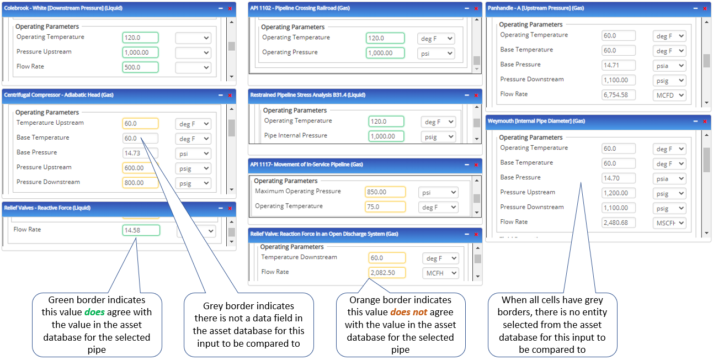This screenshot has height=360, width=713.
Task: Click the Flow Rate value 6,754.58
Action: coord(619,95)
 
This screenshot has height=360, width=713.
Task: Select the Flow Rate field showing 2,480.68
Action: coord(619,223)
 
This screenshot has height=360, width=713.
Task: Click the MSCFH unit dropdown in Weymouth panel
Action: coord(669,223)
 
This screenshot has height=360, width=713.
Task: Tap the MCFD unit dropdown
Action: coord(669,95)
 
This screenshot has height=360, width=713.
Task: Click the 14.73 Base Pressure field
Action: coord(140,153)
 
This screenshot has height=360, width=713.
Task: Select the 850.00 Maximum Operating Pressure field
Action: coord(385,192)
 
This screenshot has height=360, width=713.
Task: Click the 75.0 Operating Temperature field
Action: coord(385,207)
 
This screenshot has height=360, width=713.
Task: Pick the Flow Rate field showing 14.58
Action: coord(141,230)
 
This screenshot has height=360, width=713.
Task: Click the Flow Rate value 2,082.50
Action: coord(387,273)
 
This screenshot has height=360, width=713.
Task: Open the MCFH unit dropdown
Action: coord(440,273)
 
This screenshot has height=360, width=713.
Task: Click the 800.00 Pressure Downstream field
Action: coord(140,183)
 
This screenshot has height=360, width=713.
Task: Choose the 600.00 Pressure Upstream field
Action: coord(140,168)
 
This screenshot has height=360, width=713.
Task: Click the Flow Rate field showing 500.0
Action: coord(140,67)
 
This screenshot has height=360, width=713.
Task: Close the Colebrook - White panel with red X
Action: coord(230,9)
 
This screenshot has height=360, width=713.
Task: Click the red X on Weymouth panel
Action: coord(704,121)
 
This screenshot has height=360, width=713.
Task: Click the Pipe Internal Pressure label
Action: coord(295,136)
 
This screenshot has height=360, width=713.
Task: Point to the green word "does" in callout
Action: coord(95,312)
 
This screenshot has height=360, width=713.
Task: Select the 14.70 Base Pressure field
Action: coord(619,178)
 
